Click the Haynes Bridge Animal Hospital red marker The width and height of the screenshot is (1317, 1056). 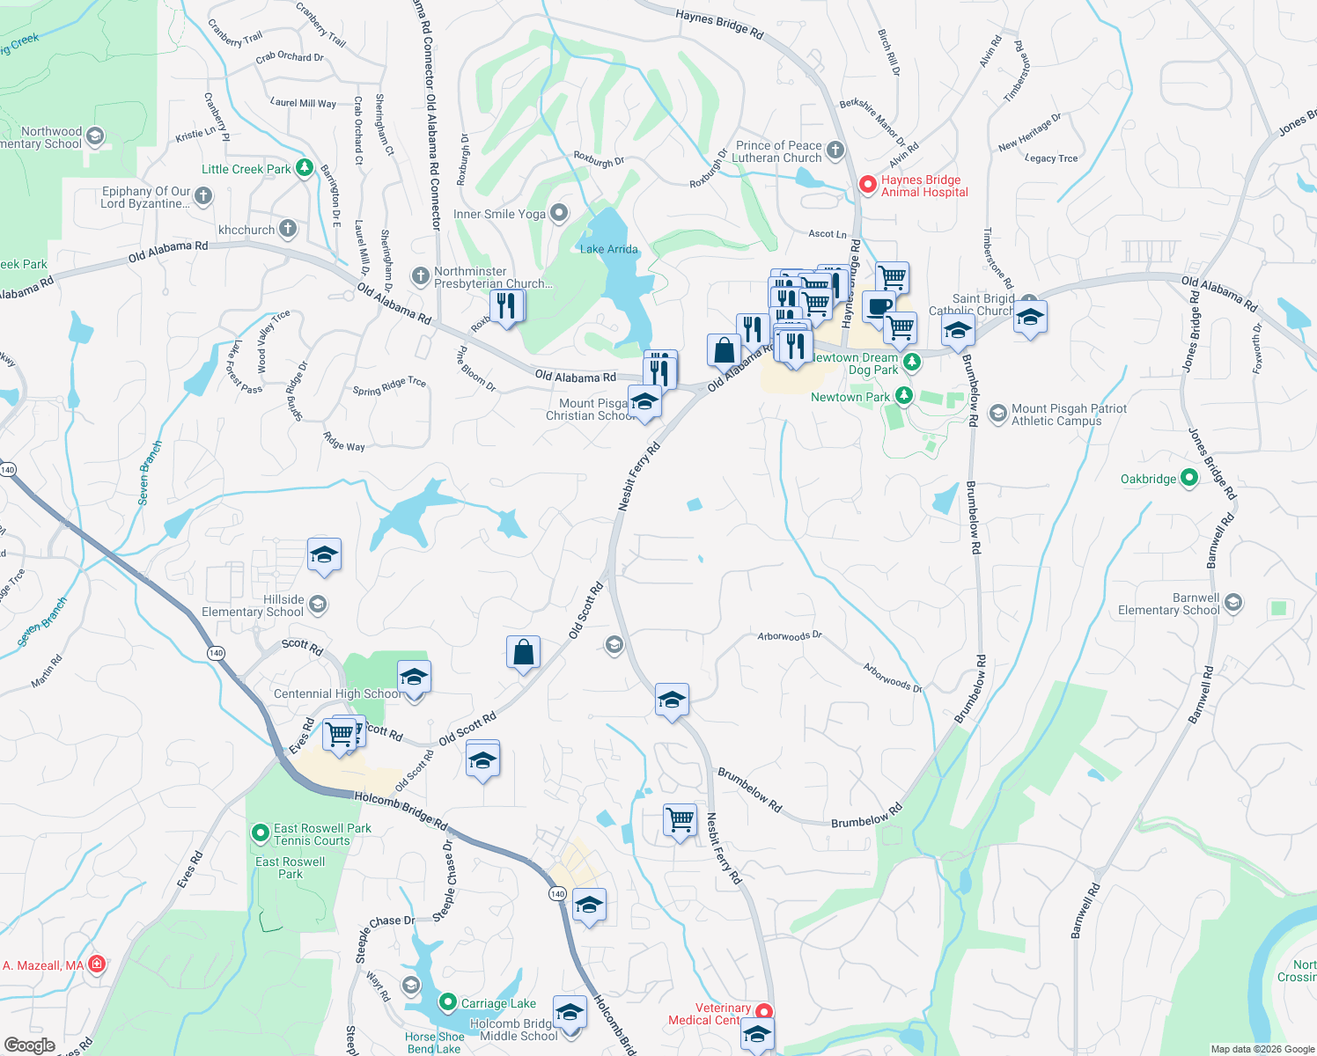click(867, 185)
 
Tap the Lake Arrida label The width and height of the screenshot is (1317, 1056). click(608, 249)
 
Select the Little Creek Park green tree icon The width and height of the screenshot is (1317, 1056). click(305, 168)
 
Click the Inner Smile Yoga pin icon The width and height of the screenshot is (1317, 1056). click(558, 214)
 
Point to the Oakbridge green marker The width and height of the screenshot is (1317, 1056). click(1188, 478)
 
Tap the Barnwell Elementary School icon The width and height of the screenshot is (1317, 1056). click(1233, 603)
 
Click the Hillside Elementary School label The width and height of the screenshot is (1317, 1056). click(253, 605)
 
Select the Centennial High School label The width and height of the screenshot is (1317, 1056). click(336, 693)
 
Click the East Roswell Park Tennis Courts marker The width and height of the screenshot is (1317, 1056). click(260, 832)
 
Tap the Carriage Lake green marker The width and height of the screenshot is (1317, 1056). click(447, 1002)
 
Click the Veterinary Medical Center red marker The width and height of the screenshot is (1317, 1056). click(764, 1013)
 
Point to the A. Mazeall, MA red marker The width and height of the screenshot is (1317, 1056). click(97, 964)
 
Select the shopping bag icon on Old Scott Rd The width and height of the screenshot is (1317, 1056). click(523, 653)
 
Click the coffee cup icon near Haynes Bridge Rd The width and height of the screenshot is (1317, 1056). click(878, 307)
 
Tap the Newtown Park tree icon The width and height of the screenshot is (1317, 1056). click(903, 397)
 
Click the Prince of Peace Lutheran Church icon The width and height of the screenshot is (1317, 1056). click(835, 150)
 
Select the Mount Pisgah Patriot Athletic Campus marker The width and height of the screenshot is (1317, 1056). click(997, 414)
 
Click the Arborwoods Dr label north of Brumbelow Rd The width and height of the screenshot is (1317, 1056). click(790, 635)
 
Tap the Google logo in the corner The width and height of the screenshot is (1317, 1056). click(29, 1045)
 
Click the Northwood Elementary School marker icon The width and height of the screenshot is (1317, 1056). click(95, 136)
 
